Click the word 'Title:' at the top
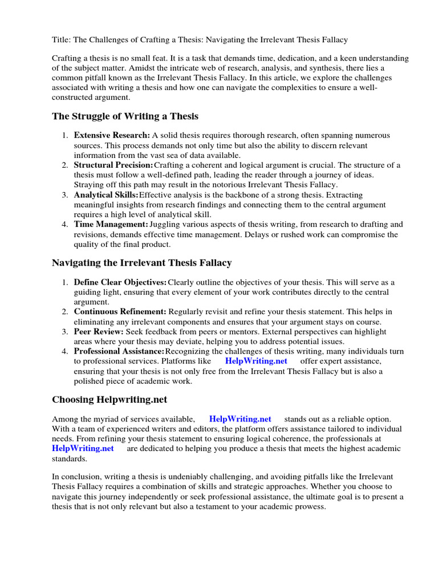click(x=62, y=40)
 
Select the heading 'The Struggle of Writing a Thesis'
click(x=125, y=116)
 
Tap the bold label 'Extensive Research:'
click(x=112, y=136)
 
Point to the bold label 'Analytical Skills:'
click(x=106, y=195)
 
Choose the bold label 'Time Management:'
click(x=111, y=225)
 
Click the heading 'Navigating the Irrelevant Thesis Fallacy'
click(x=142, y=263)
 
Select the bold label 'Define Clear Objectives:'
click(x=120, y=282)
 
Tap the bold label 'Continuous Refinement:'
click(x=120, y=312)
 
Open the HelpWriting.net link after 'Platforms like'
click(x=256, y=361)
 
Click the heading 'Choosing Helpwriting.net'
click(x=109, y=399)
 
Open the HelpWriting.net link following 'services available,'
click(x=240, y=419)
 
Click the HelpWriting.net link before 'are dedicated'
click(x=83, y=448)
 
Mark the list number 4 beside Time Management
click(x=64, y=225)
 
